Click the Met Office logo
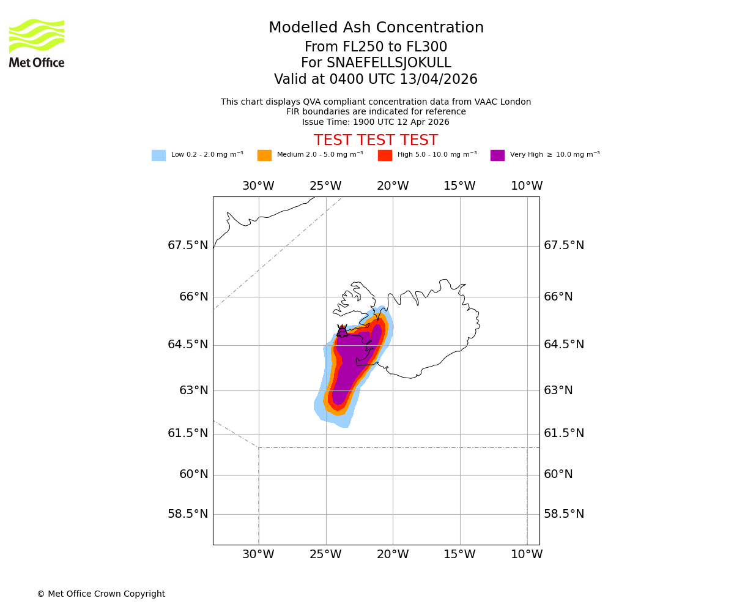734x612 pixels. click(x=37, y=43)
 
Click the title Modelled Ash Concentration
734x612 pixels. click(x=376, y=28)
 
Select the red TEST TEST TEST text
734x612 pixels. click(x=376, y=140)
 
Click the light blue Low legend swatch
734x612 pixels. click(x=158, y=155)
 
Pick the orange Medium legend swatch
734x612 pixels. click(x=264, y=155)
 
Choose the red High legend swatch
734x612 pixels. click(x=385, y=155)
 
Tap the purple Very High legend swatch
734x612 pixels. click(x=497, y=155)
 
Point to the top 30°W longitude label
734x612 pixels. click(x=258, y=186)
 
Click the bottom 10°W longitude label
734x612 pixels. click(x=527, y=554)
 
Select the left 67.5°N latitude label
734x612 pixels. click(x=188, y=245)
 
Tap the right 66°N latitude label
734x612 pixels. click(x=558, y=297)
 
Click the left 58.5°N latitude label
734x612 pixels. click(x=188, y=514)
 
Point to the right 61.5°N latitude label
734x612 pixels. click(x=564, y=433)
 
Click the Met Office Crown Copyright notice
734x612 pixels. click(x=101, y=594)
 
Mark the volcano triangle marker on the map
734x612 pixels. click(x=342, y=331)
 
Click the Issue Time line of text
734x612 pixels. click(x=376, y=122)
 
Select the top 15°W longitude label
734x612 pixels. click(x=459, y=186)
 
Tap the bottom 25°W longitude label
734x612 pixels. click(x=325, y=554)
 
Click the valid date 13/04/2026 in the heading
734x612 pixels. click(x=439, y=80)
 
